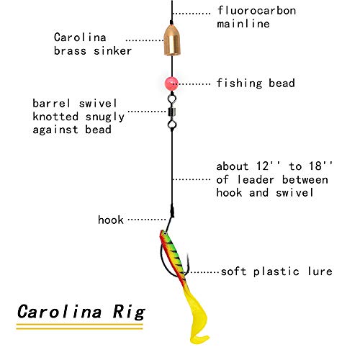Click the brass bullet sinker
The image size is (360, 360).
click(x=172, y=40)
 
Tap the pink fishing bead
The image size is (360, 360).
click(x=171, y=84)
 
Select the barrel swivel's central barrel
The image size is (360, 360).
click(x=172, y=112)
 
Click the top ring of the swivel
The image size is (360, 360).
click(x=172, y=99)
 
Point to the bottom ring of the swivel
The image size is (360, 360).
click(x=172, y=125)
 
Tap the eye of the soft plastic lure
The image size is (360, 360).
click(x=165, y=233)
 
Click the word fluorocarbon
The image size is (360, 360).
click(x=256, y=11)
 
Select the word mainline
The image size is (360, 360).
click(x=243, y=24)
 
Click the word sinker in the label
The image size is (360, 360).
click(x=112, y=50)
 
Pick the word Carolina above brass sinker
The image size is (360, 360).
click(x=80, y=37)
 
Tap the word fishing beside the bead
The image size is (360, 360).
click(x=239, y=84)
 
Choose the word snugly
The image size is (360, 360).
click(x=105, y=117)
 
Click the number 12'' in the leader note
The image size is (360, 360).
click(x=268, y=166)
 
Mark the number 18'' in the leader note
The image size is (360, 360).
click(x=320, y=166)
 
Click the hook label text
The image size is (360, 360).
click(x=111, y=220)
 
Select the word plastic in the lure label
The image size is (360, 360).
click(x=276, y=271)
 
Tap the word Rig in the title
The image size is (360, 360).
click(x=129, y=312)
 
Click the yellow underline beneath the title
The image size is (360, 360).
click(x=79, y=327)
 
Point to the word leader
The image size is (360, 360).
click(x=256, y=179)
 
